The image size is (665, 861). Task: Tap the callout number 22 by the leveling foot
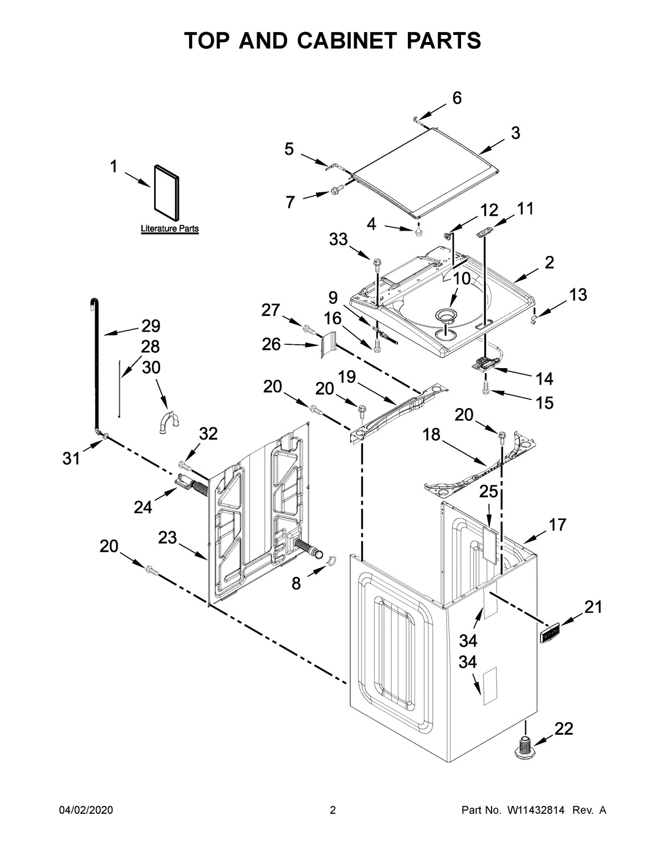564,729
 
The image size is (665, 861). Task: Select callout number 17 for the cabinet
557,524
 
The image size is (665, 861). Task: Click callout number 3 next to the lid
515,133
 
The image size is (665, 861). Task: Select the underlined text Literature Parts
170,228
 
